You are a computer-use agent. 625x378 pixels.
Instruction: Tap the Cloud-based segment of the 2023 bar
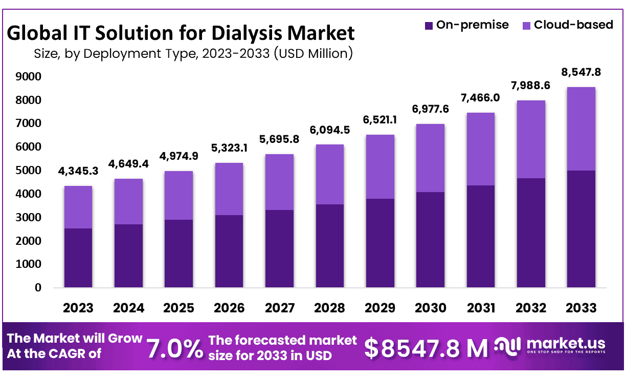click(x=78, y=207)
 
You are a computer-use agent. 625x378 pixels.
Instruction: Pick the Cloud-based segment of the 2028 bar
click(x=330, y=174)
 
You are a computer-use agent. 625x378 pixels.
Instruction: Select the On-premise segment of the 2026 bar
click(x=229, y=251)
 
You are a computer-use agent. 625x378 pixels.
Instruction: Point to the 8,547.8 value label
click(x=582, y=72)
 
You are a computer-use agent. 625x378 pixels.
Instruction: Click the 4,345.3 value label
click(x=78, y=171)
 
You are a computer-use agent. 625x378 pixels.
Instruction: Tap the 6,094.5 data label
click(x=330, y=130)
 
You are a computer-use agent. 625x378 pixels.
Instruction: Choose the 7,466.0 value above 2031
click(x=481, y=98)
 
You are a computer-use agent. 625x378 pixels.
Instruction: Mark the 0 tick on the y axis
click(x=37, y=288)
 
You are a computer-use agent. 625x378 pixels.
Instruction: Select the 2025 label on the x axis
click(x=179, y=308)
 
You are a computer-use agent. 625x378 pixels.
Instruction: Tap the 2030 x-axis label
click(x=431, y=308)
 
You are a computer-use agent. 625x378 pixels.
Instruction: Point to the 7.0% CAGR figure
click(x=175, y=348)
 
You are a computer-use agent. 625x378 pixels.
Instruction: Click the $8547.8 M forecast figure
click(x=426, y=348)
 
